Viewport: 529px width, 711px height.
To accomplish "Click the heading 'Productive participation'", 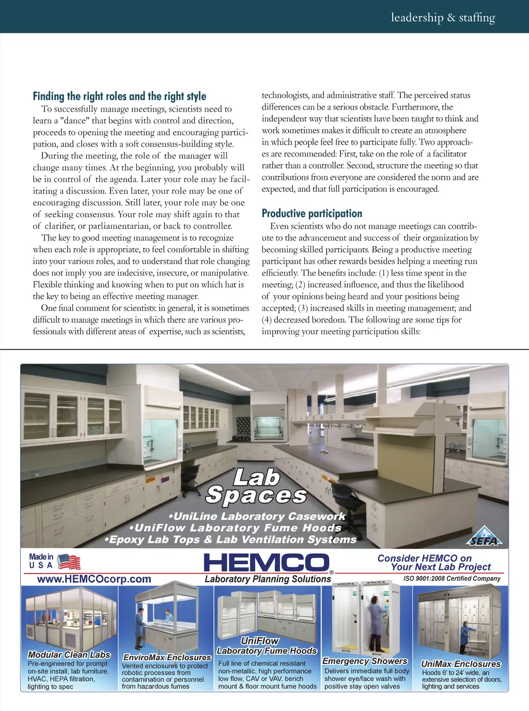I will tap(312, 213).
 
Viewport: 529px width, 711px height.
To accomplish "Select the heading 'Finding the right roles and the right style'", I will tap(119, 96).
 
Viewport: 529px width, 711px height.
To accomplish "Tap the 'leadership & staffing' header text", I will tap(443, 18).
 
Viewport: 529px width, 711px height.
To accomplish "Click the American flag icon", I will tap(69, 562).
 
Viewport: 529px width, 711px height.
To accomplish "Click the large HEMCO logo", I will tap(267, 563).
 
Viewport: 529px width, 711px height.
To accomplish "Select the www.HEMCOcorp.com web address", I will tap(94, 579).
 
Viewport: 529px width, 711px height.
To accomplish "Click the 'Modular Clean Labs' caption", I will tap(69, 655).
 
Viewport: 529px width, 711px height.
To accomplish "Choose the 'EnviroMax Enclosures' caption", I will tap(167, 657).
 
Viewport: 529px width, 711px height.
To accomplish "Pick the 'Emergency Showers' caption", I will tap(365, 661).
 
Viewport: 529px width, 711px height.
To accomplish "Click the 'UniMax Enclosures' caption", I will tap(461, 663).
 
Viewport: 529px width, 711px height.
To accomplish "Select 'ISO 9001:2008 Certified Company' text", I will tap(452, 579).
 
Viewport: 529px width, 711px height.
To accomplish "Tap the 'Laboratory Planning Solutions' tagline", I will tap(268, 579).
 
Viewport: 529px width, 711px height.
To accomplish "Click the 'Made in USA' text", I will tap(41, 561).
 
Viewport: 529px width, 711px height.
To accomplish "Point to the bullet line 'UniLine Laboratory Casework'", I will tap(257, 516).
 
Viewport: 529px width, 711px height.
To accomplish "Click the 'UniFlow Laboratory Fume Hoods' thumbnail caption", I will tap(266, 646).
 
